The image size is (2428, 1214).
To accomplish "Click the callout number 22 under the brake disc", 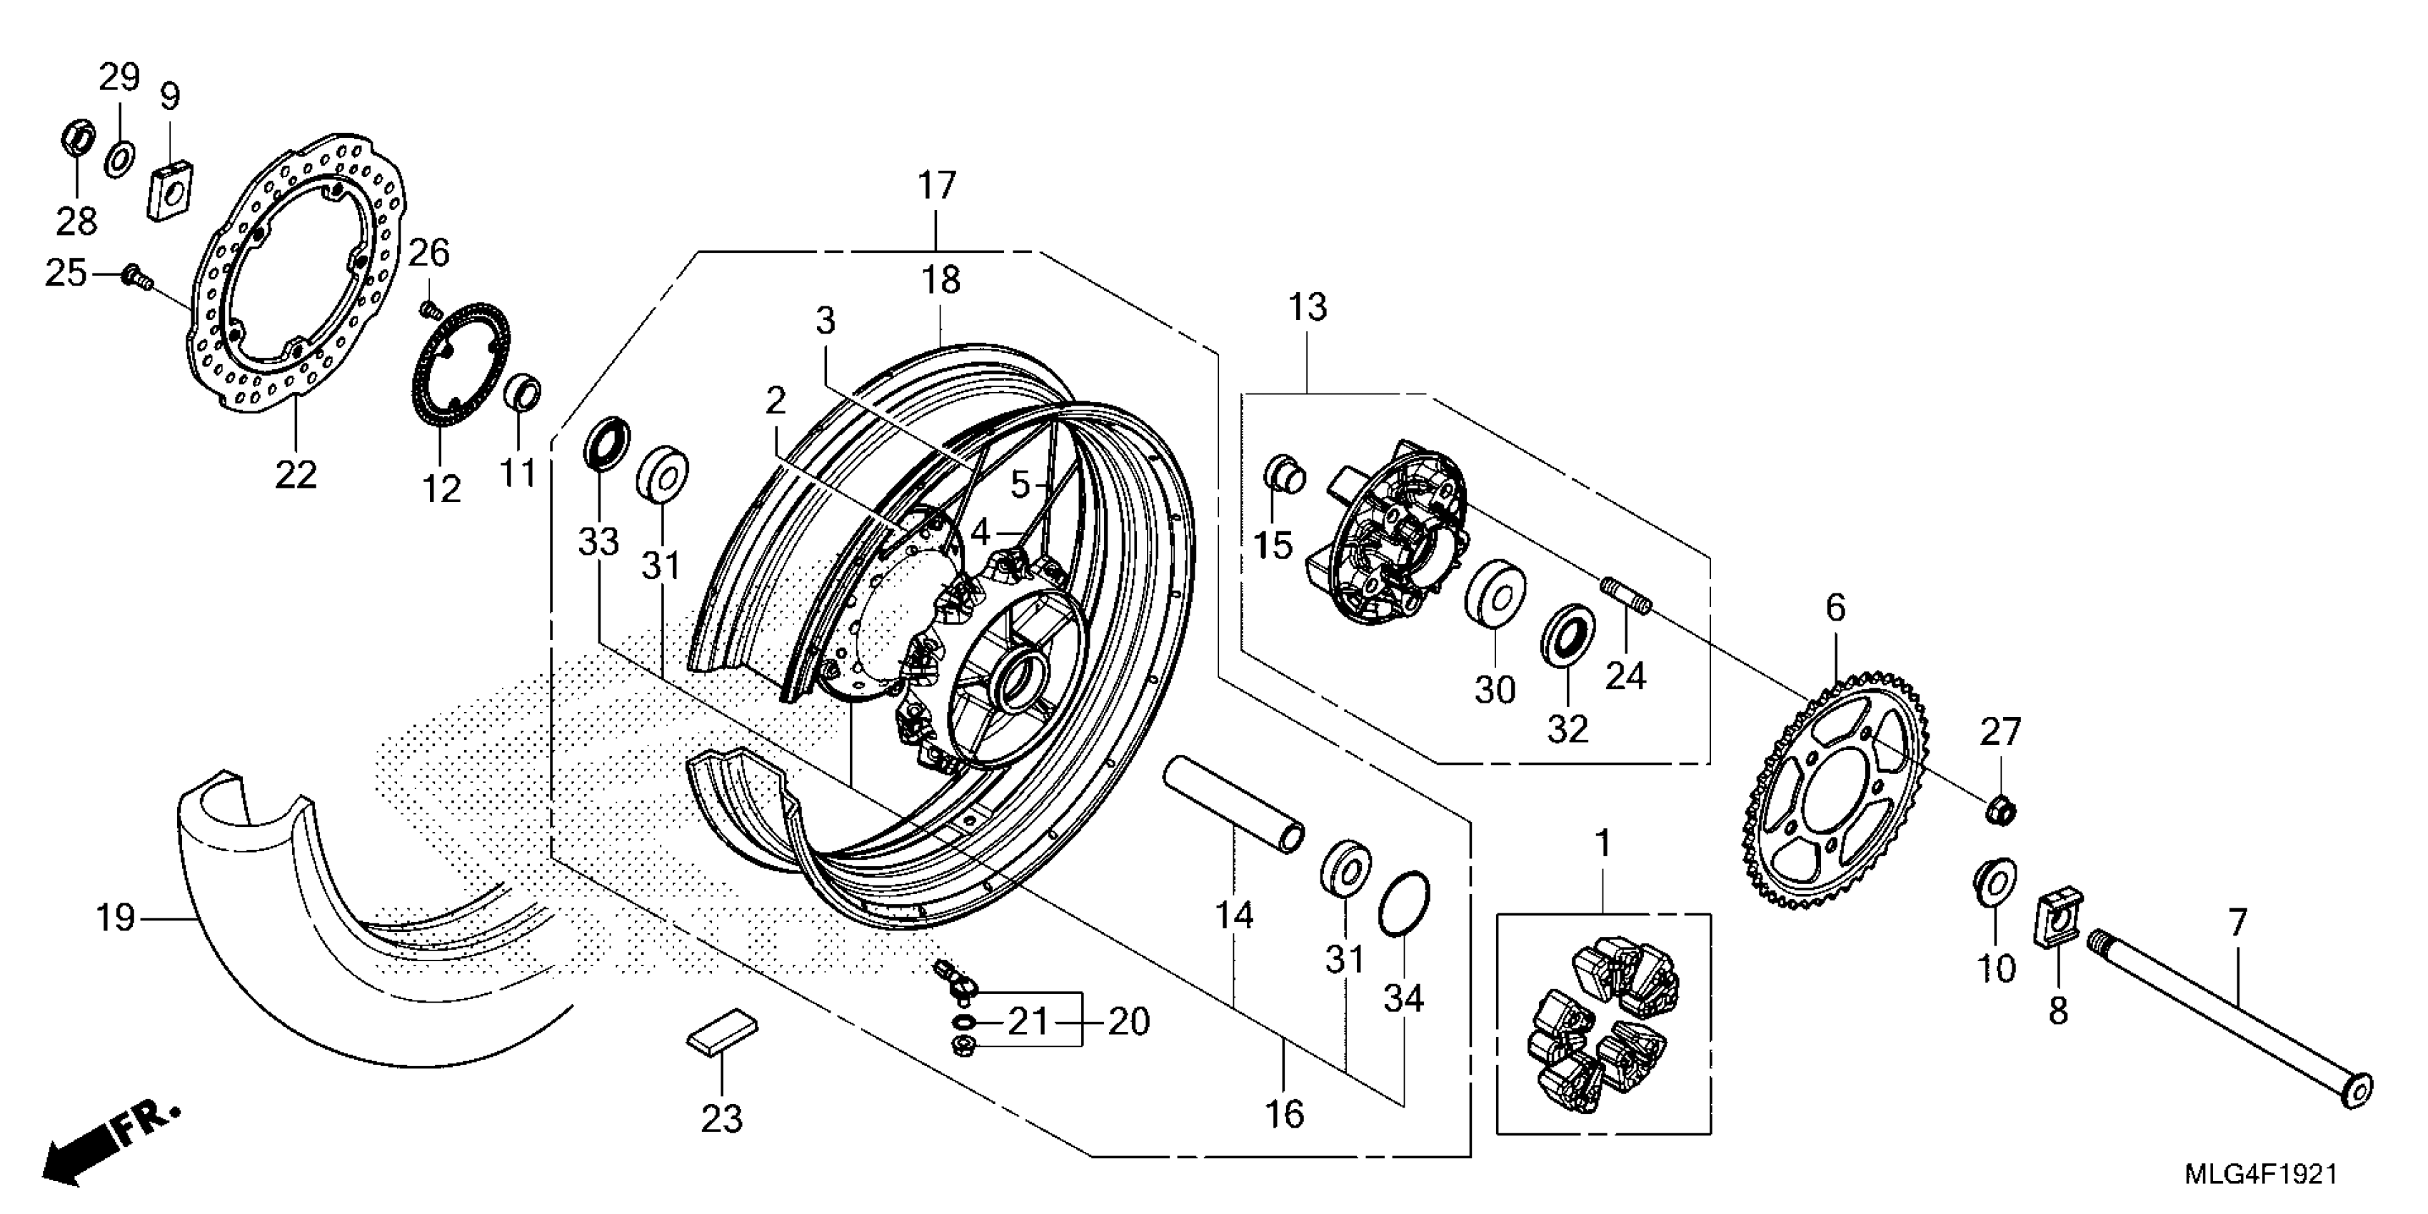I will (295, 474).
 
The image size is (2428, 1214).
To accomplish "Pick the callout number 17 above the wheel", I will (937, 186).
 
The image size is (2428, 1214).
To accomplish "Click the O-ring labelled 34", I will (1403, 903).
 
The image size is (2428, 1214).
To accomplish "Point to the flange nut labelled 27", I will (2001, 808).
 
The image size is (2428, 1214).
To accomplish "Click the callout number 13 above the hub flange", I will (1308, 307).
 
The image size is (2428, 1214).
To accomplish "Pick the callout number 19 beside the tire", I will (116, 917).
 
